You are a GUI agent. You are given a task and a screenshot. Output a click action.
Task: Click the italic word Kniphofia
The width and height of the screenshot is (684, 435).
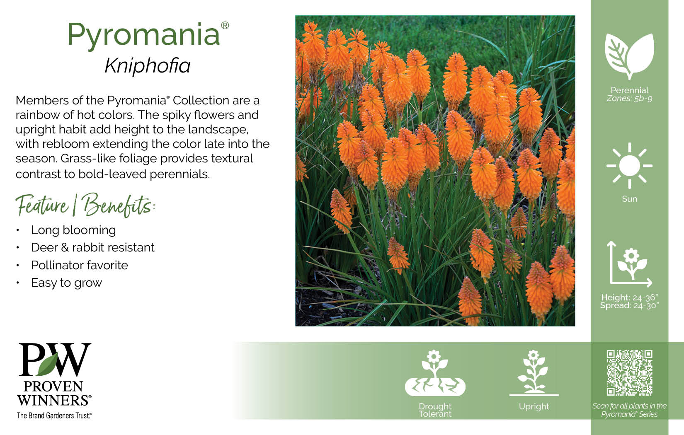148,65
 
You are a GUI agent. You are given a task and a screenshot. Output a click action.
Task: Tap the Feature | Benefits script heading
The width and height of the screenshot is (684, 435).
85,205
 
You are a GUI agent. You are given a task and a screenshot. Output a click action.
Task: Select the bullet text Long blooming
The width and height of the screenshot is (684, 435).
73,230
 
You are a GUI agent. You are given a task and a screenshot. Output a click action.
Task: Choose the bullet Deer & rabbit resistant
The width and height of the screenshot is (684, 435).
93,247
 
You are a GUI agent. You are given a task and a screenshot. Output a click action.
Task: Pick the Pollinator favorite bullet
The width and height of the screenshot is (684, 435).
80,265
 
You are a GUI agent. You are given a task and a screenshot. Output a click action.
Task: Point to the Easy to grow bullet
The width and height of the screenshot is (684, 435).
67,283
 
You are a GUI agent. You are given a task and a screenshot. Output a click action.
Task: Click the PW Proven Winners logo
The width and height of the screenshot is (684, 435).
54,375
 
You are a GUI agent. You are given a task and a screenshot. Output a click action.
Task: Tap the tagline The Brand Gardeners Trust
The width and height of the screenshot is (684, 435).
54,416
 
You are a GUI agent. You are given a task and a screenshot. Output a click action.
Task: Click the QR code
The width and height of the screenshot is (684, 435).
629,373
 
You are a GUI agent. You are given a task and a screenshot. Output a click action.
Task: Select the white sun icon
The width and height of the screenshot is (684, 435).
629,166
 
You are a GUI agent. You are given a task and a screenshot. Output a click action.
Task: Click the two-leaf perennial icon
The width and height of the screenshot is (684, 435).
629,56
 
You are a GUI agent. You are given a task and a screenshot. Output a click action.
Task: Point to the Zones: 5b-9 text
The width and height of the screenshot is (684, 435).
629,98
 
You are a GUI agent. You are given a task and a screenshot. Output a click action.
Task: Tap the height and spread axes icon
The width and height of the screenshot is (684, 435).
629,264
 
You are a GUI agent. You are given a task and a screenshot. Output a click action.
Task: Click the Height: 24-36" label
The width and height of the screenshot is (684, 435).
629,297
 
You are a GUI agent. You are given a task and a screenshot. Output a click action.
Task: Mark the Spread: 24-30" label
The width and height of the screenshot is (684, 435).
629,305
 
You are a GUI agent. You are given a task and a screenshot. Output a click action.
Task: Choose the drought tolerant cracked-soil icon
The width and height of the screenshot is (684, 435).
435,373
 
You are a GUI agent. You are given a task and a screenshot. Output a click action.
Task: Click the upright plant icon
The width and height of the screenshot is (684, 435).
534,373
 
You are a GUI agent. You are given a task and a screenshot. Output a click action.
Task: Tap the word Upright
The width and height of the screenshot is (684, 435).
534,406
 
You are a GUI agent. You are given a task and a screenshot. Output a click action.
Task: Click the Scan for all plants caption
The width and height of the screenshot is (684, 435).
629,410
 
